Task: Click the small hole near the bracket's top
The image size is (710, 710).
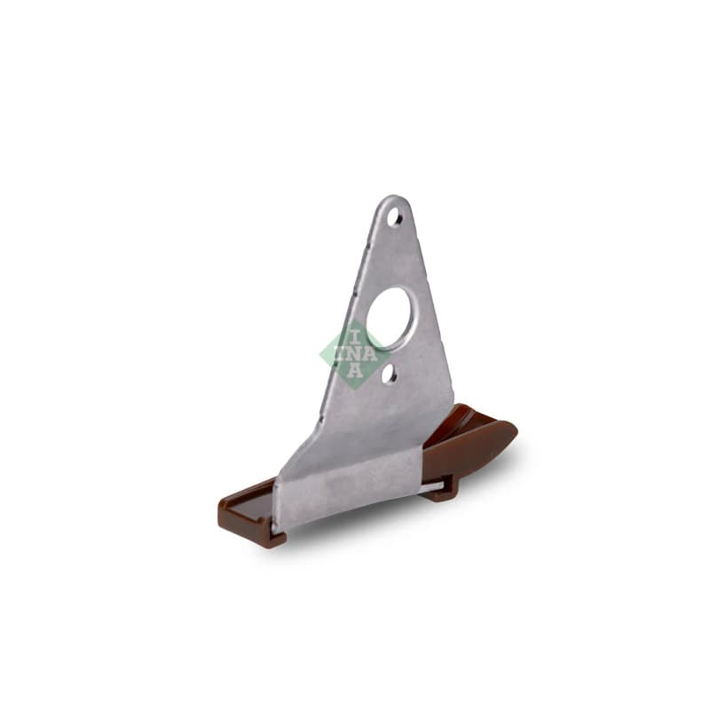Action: [394, 217]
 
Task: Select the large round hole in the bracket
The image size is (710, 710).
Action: [388, 317]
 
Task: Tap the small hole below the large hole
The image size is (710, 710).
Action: [389, 374]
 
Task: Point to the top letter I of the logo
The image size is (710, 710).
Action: [355, 337]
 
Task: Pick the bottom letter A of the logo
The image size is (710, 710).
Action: [355, 370]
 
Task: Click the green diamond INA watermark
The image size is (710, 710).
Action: [355, 354]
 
